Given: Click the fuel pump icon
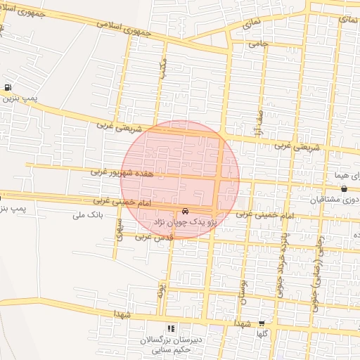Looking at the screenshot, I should click(x=8, y=88).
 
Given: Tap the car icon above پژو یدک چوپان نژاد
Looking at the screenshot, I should click(x=185, y=211).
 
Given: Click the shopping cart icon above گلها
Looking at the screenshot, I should click(x=262, y=323).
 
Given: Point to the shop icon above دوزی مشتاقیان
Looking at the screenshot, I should click(x=343, y=188).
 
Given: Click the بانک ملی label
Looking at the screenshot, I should click(x=88, y=215).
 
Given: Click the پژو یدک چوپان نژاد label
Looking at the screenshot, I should click(x=184, y=221).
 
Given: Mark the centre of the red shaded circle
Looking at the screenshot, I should click(x=180, y=180).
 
